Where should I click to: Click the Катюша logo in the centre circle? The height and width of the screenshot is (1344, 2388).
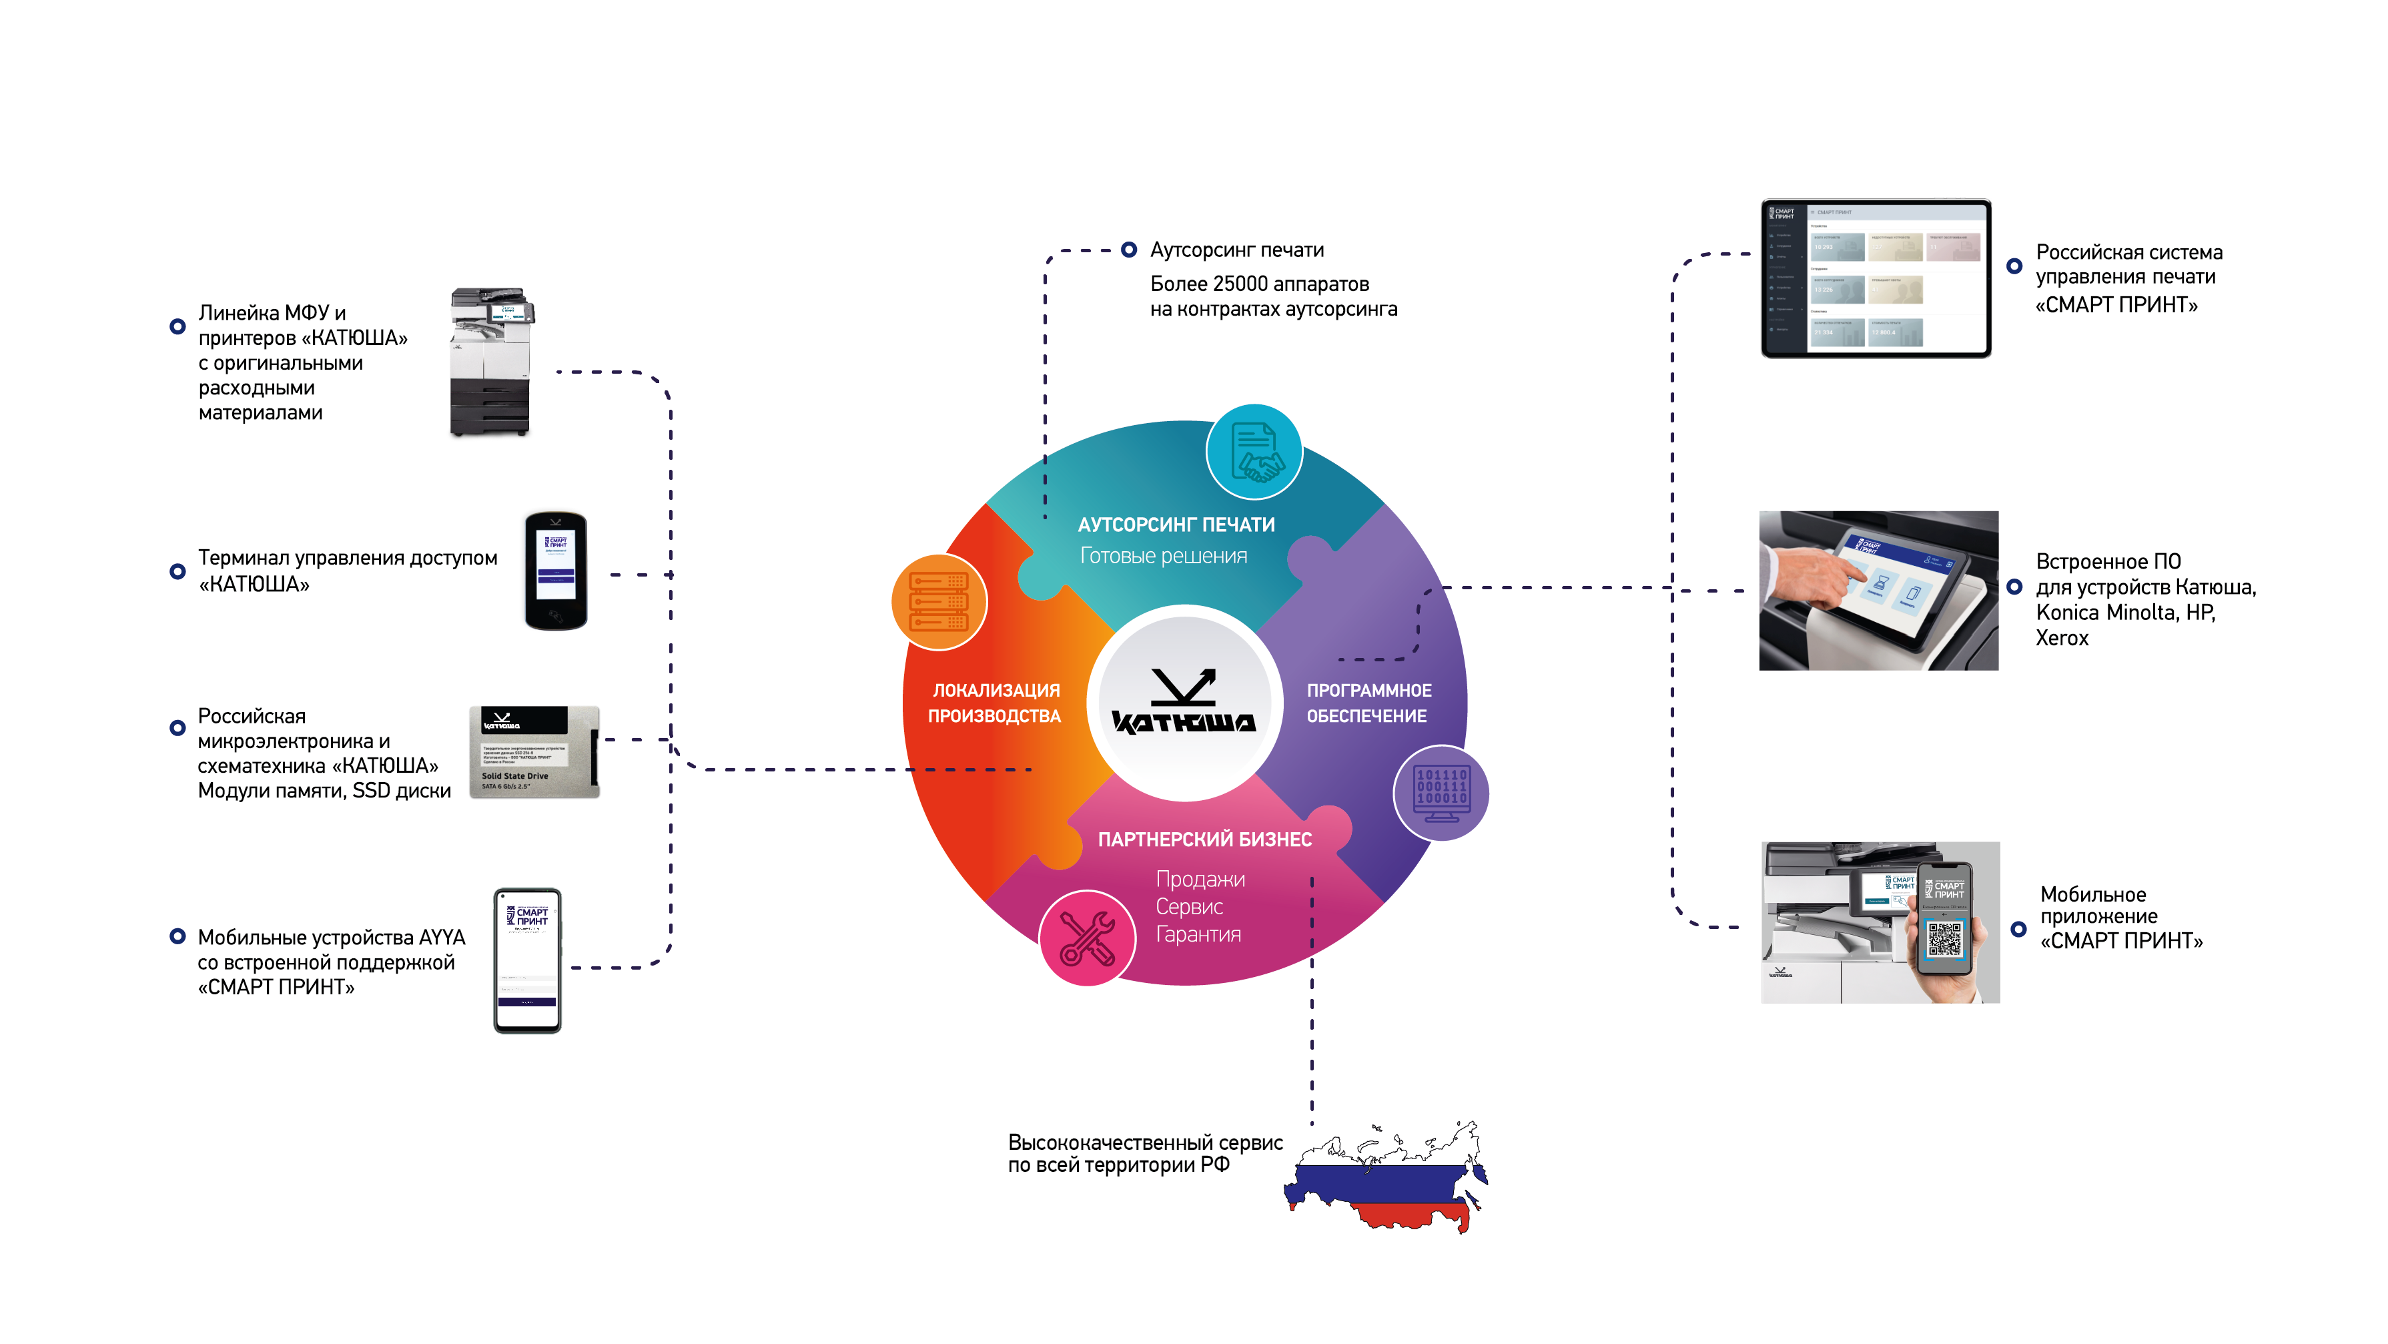tap(1184, 703)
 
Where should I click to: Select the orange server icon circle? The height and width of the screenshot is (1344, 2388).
tap(939, 601)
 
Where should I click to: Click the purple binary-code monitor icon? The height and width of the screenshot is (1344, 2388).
tap(1441, 793)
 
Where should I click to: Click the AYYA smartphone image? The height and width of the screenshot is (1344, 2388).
tap(528, 960)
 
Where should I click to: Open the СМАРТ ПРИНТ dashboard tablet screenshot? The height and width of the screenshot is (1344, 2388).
tap(1876, 278)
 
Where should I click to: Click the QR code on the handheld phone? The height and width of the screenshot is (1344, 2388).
tap(1944, 939)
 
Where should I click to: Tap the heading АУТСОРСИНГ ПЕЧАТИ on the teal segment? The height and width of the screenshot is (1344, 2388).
tap(1176, 525)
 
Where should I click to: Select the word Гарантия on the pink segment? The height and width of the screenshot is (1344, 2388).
tap(1198, 934)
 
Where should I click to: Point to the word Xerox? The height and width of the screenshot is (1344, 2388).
tap(2062, 638)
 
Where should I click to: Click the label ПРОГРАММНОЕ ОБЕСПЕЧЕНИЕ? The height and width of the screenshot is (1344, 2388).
tap(1368, 703)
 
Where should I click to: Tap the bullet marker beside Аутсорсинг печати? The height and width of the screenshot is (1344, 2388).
tap(1128, 250)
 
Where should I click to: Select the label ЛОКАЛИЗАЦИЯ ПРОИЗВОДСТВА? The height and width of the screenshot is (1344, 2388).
tap(995, 703)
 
